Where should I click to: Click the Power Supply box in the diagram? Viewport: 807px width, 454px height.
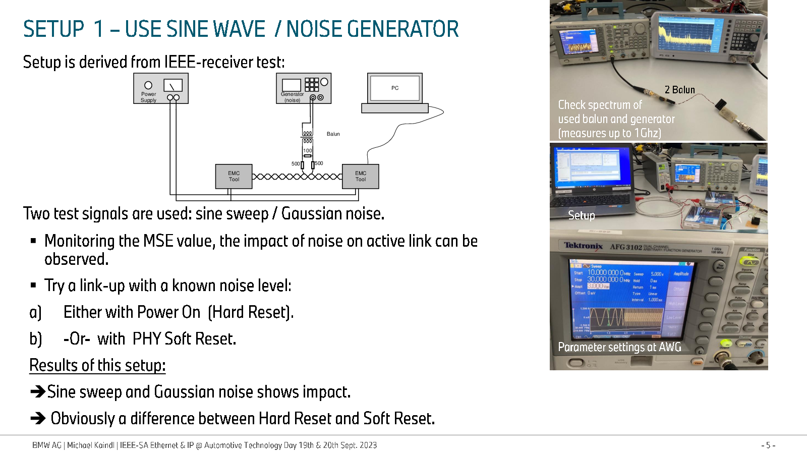pyautogui.click(x=161, y=88)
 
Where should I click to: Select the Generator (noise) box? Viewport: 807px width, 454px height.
pyautogui.click(x=304, y=88)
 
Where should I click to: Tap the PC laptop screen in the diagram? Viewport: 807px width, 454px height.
pyautogui.click(x=395, y=88)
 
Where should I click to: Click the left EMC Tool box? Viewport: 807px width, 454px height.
pyautogui.click(x=234, y=177)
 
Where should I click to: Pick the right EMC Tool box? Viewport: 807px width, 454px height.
pyautogui.click(x=360, y=177)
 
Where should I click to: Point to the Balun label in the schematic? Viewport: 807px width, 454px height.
pyautogui.click(x=333, y=134)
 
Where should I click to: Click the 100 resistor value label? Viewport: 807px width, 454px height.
pyautogui.click(x=308, y=151)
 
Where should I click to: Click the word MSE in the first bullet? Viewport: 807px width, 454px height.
pyautogui.click(x=159, y=241)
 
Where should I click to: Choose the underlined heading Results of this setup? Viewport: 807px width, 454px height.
pyautogui.click(x=97, y=365)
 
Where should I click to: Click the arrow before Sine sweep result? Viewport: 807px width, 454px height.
pyautogui.click(x=38, y=391)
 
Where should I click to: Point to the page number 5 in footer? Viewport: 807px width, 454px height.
pyautogui.click(x=768, y=445)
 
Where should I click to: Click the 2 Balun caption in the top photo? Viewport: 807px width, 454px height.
pyautogui.click(x=679, y=90)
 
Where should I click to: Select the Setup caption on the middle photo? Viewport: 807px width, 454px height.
pyautogui.click(x=581, y=215)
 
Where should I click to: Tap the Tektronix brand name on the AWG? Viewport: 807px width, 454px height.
pyautogui.click(x=583, y=246)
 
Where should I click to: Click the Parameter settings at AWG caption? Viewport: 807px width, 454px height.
pyautogui.click(x=619, y=347)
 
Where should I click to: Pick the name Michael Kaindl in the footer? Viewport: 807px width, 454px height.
pyautogui.click(x=91, y=445)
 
